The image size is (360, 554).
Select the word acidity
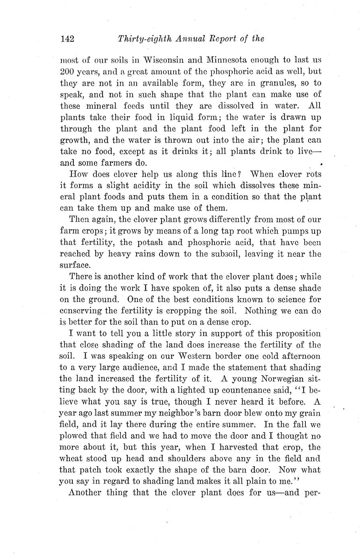click(131, 185)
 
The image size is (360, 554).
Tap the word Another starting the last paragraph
click(85, 493)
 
